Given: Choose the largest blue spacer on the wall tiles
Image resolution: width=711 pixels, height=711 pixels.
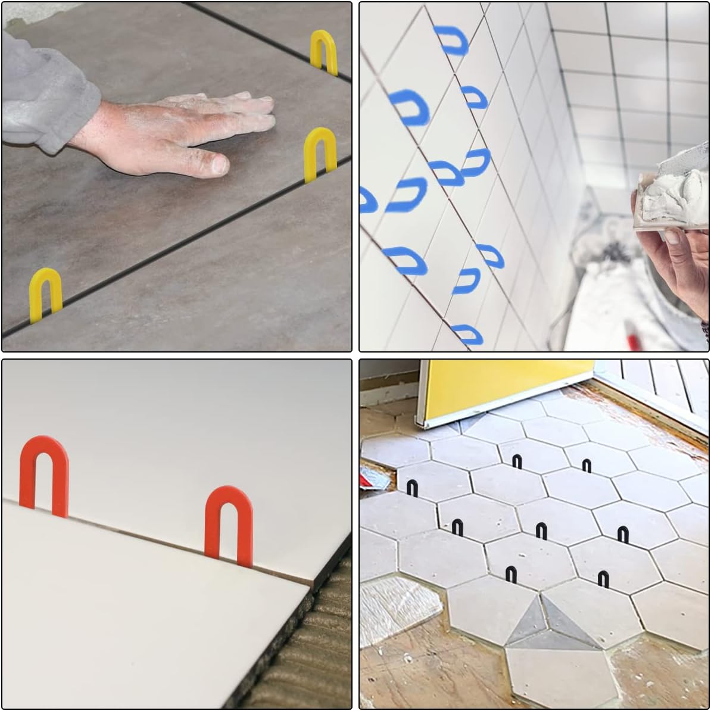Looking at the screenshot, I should tap(410, 107).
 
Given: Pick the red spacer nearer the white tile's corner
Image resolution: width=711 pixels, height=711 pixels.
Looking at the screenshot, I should tap(229, 524).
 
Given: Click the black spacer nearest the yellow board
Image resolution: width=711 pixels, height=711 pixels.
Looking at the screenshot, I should tap(517, 461).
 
